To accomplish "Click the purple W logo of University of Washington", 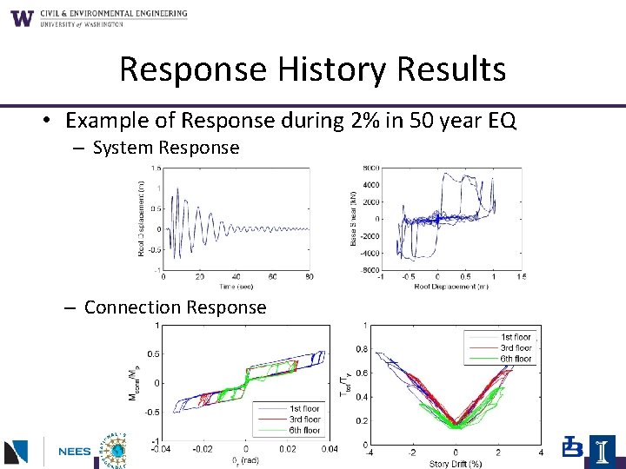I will click(23, 17).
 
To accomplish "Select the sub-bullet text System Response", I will click(165, 148).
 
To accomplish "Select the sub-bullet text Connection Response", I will click(175, 307).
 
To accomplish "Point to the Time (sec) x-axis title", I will click(235, 286).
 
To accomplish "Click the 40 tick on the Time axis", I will click(236, 276).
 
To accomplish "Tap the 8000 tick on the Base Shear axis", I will click(372, 168).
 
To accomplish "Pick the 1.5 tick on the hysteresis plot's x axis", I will click(520, 276).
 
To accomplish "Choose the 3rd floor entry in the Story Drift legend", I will click(516, 347).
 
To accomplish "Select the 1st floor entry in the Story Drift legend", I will click(516, 337).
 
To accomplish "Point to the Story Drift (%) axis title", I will click(456, 463).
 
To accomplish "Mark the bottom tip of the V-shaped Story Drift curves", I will click(456, 426).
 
